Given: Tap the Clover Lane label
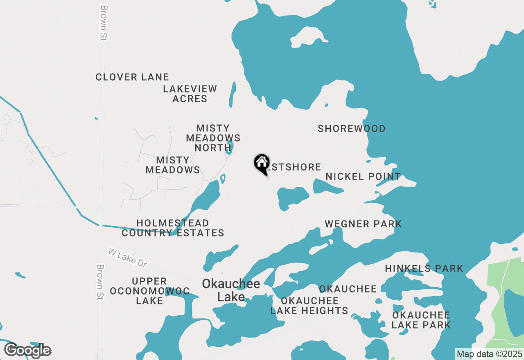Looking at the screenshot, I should pyautogui.click(x=132, y=77).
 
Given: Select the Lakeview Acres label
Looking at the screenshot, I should pyautogui.click(x=190, y=94).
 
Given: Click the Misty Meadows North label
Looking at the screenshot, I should pyautogui.click(x=213, y=138).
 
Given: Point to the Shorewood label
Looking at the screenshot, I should pyautogui.click(x=352, y=128).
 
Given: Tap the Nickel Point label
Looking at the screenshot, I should pyautogui.click(x=363, y=176).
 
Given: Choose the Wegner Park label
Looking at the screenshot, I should pyautogui.click(x=363, y=224).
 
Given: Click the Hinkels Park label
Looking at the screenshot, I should pyautogui.click(x=424, y=268).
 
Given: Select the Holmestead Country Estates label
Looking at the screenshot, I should pyautogui.click(x=173, y=228).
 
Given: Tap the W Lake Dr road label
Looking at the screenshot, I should pyautogui.click(x=127, y=258).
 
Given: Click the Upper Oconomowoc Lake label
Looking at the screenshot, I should pyautogui.click(x=149, y=291).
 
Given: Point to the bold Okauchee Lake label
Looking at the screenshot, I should pyautogui.click(x=231, y=290).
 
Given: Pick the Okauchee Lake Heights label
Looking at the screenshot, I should pyautogui.click(x=309, y=306).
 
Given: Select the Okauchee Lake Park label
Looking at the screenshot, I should pyautogui.click(x=421, y=320).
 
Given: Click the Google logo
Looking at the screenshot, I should pyautogui.click(x=27, y=351).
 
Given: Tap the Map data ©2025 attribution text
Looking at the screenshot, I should pyautogui.click(x=489, y=354).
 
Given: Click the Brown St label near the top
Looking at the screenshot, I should pyautogui.click(x=103, y=22).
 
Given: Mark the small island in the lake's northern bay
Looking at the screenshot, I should pyautogui.click(x=309, y=37).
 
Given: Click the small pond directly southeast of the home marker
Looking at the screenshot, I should pyautogui.click(x=292, y=197).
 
